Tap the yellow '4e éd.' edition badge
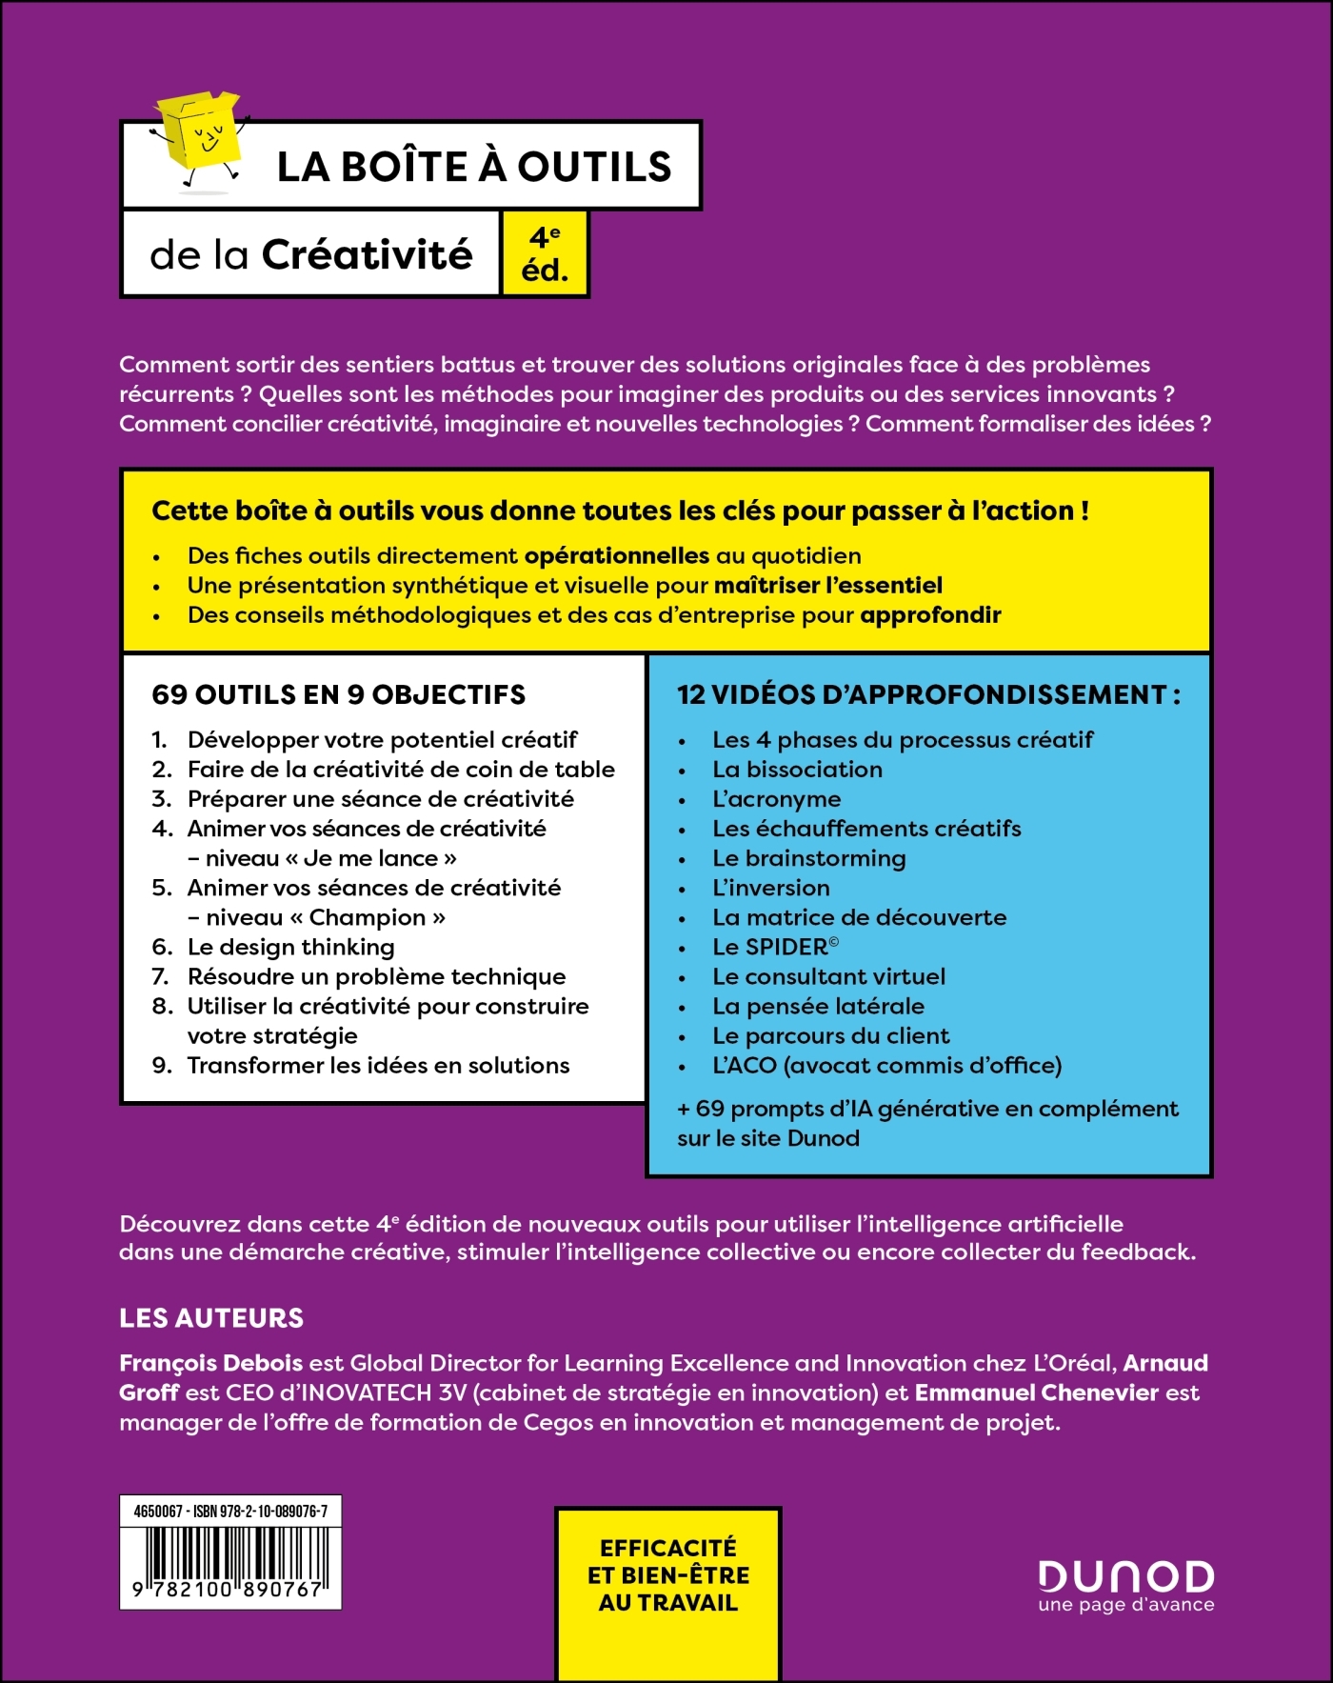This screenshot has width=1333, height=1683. pyautogui.click(x=545, y=254)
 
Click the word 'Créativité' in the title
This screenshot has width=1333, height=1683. pyautogui.click(x=367, y=254)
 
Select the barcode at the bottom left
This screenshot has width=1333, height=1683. pyautogui.click(x=229, y=1563)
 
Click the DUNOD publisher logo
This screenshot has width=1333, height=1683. pyautogui.click(x=1125, y=1576)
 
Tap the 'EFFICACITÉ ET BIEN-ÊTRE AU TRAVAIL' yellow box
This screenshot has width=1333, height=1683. pyautogui.click(x=668, y=1575)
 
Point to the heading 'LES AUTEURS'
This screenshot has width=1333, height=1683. pyautogui.click(x=211, y=1318)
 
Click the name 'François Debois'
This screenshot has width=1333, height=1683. pyautogui.click(x=211, y=1363)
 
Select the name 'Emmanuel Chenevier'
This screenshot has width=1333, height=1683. pyautogui.click(x=1036, y=1392)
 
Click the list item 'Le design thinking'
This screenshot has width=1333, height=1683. pyautogui.click(x=290, y=947)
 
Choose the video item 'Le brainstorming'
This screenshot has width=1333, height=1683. pyautogui.click(x=808, y=858)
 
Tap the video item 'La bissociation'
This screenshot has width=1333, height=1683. pyautogui.click(x=797, y=770)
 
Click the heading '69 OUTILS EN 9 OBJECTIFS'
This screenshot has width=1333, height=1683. pyautogui.click(x=338, y=694)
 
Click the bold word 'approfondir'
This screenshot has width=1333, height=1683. pyautogui.click(x=930, y=614)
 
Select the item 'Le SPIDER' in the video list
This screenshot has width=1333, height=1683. pyautogui.click(x=775, y=947)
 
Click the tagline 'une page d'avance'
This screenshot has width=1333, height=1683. pyautogui.click(x=1125, y=1605)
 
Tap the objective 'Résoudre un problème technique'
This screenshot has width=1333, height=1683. pyautogui.click(x=376, y=976)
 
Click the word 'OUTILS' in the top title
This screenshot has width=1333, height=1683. pyautogui.click(x=594, y=167)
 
